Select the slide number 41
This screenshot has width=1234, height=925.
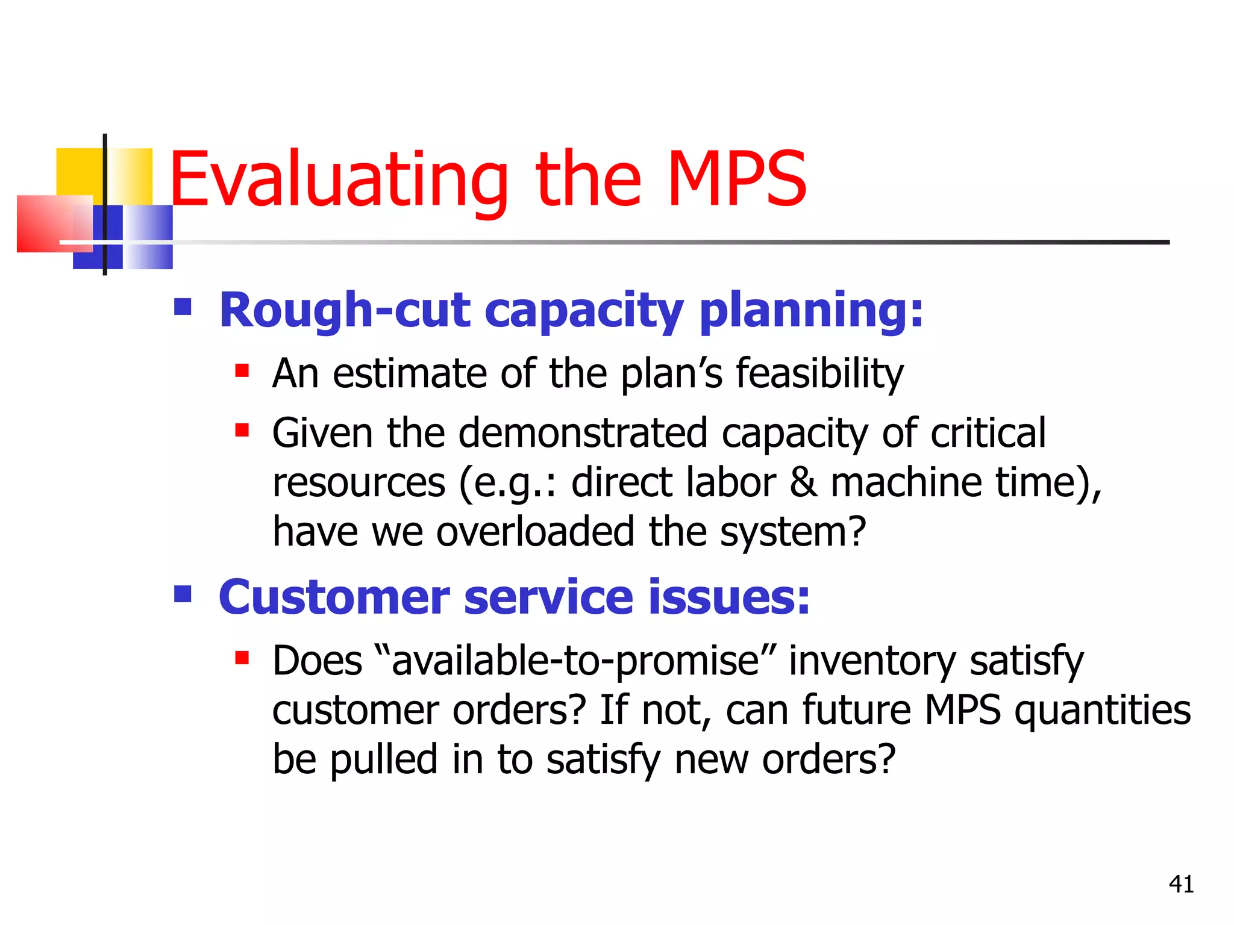pyautogui.click(x=1181, y=884)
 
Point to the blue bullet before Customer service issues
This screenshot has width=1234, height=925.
pyautogui.click(x=183, y=594)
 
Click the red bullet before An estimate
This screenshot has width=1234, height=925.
pyautogui.click(x=242, y=370)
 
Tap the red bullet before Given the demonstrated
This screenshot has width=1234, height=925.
pyautogui.click(x=242, y=430)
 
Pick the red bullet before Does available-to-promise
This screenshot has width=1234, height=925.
pyautogui.click(x=242, y=658)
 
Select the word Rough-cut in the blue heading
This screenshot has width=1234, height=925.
pyautogui.click(x=344, y=311)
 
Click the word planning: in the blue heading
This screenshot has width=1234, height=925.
pyautogui.click(x=811, y=311)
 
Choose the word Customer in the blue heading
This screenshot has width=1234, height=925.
pyautogui.click(x=334, y=597)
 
